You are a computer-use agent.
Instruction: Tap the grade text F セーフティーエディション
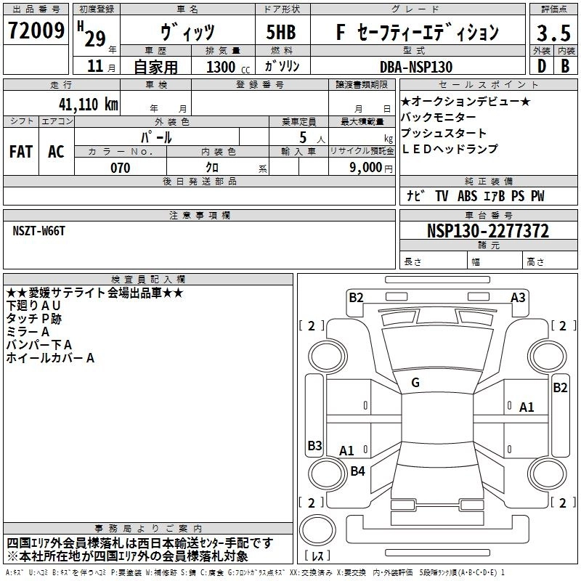pos(418,32)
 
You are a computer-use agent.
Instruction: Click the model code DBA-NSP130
pos(416,67)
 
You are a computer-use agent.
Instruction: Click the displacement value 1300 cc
pos(225,67)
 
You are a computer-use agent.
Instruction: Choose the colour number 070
pos(121,168)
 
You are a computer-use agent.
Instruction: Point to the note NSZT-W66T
pos(39,230)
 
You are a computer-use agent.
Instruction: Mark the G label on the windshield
pos(415,383)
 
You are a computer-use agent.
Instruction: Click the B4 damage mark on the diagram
pos(357,471)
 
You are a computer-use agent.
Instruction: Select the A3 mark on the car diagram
pos(518,297)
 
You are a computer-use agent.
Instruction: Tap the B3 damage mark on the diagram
pos(314,445)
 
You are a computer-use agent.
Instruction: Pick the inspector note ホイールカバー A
pos(50,357)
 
